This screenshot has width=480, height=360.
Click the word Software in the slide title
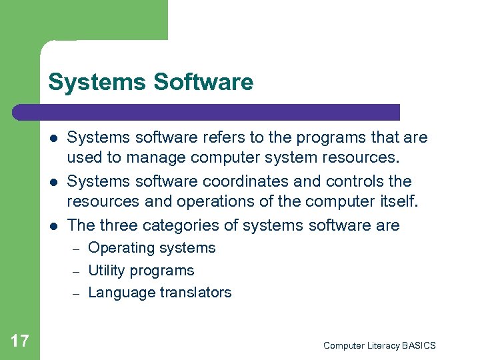pos(203,82)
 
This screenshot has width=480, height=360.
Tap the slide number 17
pos(20,341)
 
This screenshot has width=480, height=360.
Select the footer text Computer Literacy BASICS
pos(379,345)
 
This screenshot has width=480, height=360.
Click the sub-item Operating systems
pos(152,248)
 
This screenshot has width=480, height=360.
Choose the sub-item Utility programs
pos(141,270)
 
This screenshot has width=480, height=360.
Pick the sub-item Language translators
pos(160,292)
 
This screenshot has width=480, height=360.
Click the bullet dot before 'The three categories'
pos(54,225)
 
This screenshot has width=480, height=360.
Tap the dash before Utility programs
pos(75,271)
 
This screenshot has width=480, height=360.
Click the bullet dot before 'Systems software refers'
pos(54,138)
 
